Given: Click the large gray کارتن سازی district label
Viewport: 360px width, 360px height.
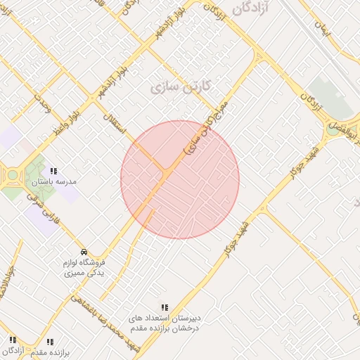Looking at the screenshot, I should click(x=181, y=87).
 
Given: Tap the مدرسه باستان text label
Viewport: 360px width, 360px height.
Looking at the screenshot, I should click(x=54, y=181).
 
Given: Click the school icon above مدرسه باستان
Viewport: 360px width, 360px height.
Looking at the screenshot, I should click(x=54, y=171).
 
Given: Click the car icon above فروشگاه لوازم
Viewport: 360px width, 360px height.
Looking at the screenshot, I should click(x=84, y=252).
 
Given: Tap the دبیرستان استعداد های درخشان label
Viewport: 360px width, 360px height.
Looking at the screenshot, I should click(x=164, y=323).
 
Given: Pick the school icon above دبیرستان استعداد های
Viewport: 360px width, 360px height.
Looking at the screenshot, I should click(x=165, y=307).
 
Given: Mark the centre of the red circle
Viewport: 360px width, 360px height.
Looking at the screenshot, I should click(x=180, y=179).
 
